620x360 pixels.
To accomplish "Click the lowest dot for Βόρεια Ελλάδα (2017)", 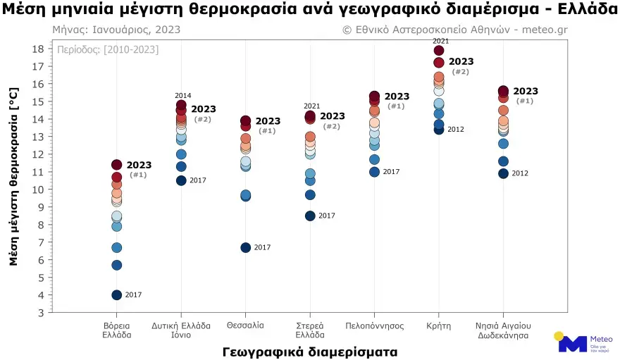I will coord(117,294).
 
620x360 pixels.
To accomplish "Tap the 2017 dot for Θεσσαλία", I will coord(246,247).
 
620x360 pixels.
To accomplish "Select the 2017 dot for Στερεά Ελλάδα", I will coord(310,216).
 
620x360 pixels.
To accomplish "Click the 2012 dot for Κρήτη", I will coord(439,129).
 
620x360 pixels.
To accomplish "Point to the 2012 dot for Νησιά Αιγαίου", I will coord(503,173).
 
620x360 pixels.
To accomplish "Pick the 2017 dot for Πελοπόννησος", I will coord(374,172).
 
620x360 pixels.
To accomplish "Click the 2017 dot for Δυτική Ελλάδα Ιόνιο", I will coord(181,180).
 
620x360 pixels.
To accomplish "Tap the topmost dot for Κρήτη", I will coord(439,50).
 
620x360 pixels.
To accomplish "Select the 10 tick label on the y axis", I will coord(39,190).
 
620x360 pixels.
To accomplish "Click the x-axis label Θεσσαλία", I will coord(246,325).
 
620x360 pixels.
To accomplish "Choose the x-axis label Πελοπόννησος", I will coord(374,325).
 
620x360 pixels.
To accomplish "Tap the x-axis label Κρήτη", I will coord(439,325).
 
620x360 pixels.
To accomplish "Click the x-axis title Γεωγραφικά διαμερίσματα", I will coord(310,351).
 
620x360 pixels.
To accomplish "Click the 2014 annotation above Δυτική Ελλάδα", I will coord(182,96).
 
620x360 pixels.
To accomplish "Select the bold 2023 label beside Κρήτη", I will coord(461,62).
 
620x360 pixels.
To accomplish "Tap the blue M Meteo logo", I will coord(572,343).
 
